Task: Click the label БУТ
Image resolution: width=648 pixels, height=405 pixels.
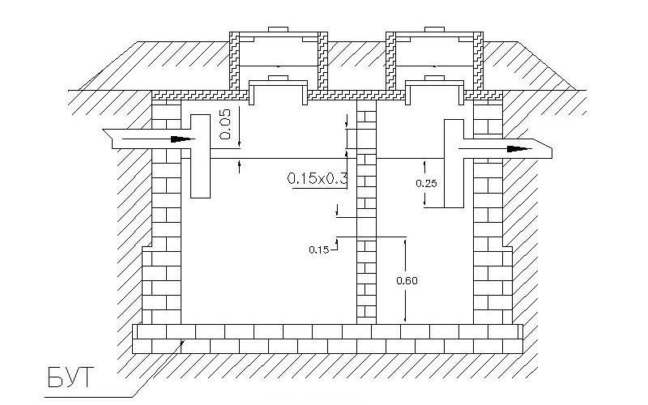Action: [70, 377]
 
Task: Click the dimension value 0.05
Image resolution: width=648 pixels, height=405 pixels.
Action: [225, 124]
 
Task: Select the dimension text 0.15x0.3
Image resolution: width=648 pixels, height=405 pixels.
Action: [317, 178]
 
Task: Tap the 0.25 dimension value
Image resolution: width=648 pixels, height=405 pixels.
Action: [426, 183]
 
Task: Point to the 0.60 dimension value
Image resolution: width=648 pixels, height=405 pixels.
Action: [407, 280]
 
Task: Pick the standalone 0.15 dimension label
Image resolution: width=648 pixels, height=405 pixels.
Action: [319, 249]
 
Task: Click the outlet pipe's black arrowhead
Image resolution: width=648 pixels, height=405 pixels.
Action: [520, 149]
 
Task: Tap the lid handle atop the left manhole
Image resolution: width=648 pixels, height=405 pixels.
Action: [278, 29]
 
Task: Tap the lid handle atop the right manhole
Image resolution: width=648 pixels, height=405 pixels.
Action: [434, 29]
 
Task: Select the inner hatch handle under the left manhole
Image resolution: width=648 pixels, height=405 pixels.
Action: [278, 78]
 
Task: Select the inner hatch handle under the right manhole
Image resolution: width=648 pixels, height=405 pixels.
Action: [434, 78]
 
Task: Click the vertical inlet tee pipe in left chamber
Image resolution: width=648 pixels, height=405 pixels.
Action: [200, 156]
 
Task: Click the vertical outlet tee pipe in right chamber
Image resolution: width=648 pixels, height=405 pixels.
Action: [454, 164]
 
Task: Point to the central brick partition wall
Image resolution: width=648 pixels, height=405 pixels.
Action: [367, 212]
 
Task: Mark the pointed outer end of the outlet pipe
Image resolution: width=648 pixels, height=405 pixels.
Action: [552, 149]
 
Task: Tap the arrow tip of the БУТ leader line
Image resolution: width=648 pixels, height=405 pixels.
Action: [184, 340]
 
